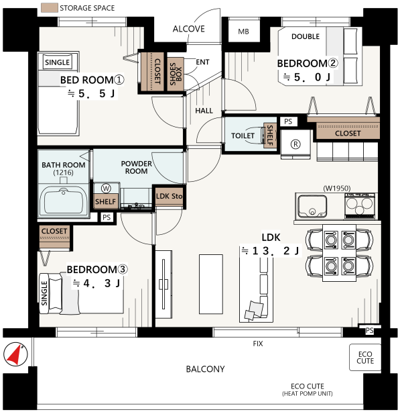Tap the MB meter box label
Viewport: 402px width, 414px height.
(x=243, y=32)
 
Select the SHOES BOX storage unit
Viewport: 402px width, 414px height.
(x=176, y=74)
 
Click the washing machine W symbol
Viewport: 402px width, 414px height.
(x=106, y=189)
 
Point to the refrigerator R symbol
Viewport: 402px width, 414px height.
(x=295, y=144)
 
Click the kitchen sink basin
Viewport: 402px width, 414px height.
(x=312, y=207)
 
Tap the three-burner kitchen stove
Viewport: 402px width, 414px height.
(x=360, y=206)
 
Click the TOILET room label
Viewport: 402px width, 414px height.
(x=243, y=136)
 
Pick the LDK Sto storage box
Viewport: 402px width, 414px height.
(x=169, y=197)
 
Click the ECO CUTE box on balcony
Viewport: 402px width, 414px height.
(x=365, y=358)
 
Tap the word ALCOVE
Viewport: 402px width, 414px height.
(x=189, y=29)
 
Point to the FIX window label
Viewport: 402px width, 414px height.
(x=258, y=344)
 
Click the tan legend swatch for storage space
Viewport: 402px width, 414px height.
(x=50, y=7)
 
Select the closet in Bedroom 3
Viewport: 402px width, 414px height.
(x=54, y=237)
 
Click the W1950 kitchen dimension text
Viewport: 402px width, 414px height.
(x=337, y=189)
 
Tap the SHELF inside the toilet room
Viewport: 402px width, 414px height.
(x=270, y=136)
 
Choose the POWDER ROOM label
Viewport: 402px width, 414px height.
(x=136, y=167)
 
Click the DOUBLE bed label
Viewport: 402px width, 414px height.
(x=306, y=36)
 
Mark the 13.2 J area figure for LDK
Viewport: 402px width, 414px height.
(x=270, y=251)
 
